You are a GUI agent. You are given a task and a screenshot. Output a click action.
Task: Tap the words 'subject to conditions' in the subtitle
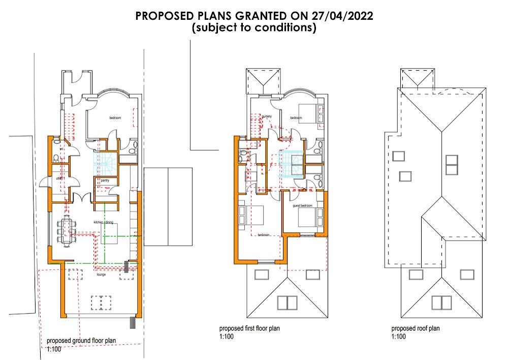point(253,28)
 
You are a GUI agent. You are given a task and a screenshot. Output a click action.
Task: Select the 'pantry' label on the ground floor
point(105,181)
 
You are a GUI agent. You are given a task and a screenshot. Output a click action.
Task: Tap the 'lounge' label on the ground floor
point(102,274)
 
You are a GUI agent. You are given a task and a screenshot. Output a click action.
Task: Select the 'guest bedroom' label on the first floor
point(302,206)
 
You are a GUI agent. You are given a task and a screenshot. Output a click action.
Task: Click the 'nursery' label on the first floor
point(267,116)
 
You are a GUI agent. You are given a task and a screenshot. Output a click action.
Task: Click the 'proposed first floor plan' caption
point(249,328)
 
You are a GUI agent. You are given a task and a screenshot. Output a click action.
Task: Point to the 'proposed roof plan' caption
point(416,328)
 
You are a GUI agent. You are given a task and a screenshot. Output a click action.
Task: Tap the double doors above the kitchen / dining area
point(80,198)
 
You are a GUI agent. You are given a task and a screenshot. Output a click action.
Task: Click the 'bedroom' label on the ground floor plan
point(115,118)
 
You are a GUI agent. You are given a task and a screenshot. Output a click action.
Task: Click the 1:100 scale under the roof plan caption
point(399,337)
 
